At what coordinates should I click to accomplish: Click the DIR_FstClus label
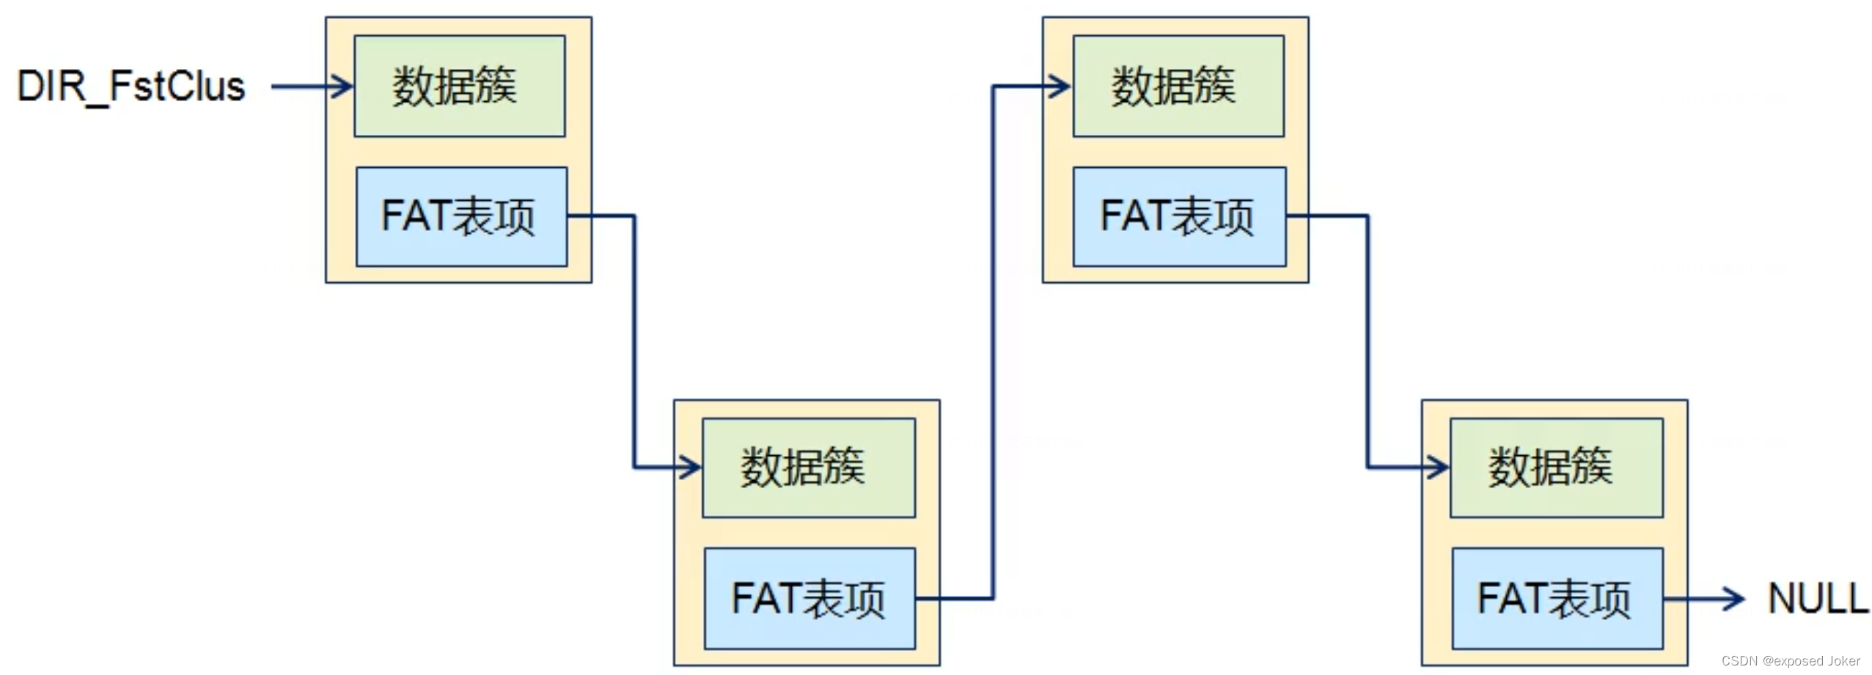(131, 86)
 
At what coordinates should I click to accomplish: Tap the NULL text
(1817, 598)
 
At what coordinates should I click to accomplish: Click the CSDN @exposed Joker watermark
(1790, 660)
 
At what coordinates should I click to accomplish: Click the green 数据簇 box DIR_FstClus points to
(459, 86)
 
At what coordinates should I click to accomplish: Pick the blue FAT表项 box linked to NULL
(1557, 598)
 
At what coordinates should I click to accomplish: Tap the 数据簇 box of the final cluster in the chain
(1556, 468)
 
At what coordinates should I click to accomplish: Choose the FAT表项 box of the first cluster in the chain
(461, 216)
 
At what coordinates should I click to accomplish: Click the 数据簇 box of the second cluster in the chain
(808, 468)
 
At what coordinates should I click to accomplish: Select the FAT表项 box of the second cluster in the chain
(810, 598)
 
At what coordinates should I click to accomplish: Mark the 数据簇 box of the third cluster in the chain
(1178, 86)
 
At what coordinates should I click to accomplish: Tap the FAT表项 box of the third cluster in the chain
(1179, 216)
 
